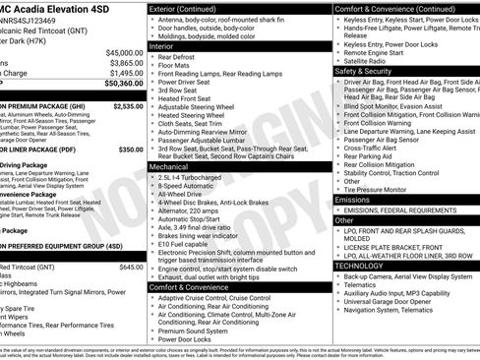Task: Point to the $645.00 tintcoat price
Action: tap(131, 267)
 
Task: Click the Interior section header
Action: tap(162, 45)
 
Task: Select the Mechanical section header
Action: tap(169, 167)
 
